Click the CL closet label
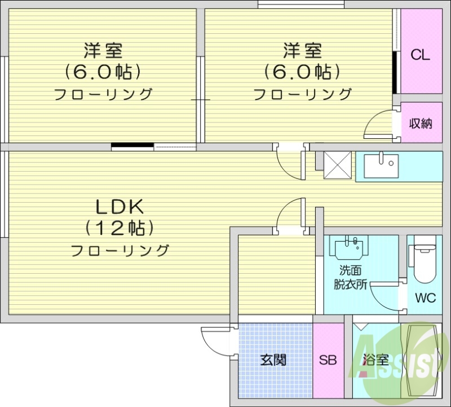(420, 55)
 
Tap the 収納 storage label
(420, 123)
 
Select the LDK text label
(120, 205)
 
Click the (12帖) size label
(120, 227)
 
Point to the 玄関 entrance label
(273, 360)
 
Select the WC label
(425, 298)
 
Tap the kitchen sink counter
(381, 165)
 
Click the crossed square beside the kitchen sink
(337, 165)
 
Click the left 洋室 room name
(103, 51)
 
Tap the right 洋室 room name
(302, 51)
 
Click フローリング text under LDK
(120, 250)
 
